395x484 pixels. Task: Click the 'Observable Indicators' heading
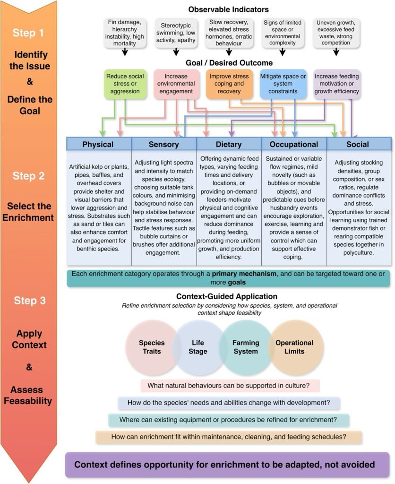[x=228, y=9]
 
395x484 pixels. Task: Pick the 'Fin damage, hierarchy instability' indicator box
[x=125, y=33]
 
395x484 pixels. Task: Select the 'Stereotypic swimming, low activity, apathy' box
[x=176, y=33]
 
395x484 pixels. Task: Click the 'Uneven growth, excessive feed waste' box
[x=336, y=33]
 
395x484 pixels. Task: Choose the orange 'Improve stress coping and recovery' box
[x=230, y=84]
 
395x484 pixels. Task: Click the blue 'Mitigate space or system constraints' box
[x=283, y=84]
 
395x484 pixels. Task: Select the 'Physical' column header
[x=98, y=144]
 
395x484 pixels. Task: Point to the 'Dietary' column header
[x=228, y=144]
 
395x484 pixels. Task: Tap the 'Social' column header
[x=358, y=144]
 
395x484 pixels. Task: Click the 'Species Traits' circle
[x=152, y=347]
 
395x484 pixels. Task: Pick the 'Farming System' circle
[x=246, y=347]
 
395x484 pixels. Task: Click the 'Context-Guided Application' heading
[x=227, y=296]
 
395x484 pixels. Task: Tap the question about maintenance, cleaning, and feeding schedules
[x=229, y=437]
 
